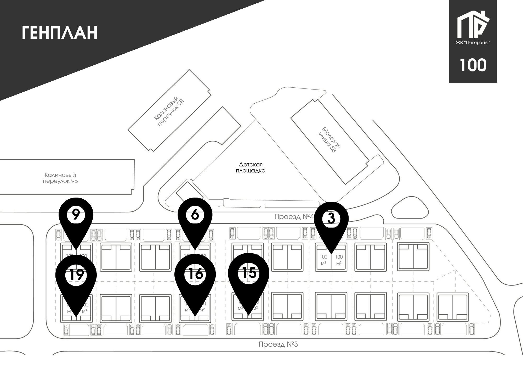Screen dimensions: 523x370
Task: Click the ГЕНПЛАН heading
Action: point(60,33)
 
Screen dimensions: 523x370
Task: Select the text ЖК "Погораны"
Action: point(473,43)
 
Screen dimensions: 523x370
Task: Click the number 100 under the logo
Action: point(473,65)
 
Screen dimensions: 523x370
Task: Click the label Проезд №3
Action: point(278,344)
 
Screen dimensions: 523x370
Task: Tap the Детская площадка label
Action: point(251,167)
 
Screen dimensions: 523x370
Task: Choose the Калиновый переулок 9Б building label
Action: point(60,178)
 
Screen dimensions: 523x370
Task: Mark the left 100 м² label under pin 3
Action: point(323,260)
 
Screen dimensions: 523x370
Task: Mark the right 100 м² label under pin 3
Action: point(339,260)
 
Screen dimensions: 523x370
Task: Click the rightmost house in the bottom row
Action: point(453,307)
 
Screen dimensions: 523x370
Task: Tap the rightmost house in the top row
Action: point(413,257)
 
